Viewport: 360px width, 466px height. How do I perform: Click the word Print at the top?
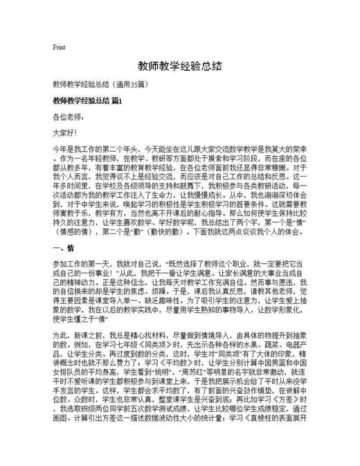pyautogui.click(x=59, y=47)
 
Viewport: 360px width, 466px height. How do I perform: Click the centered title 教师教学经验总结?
pyautogui.click(x=179, y=66)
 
